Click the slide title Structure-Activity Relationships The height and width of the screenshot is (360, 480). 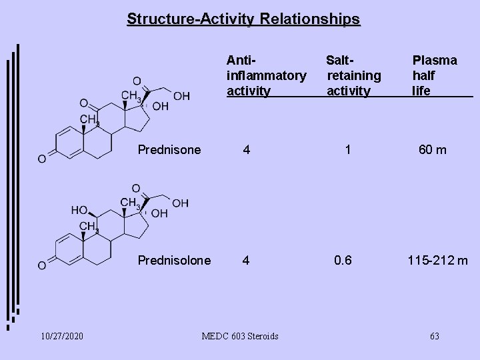click(243, 18)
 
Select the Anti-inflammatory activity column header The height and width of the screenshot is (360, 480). click(266, 75)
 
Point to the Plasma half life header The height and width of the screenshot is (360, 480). click(434, 75)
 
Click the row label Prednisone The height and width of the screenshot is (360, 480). click(169, 150)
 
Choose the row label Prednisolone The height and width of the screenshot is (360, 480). click(174, 260)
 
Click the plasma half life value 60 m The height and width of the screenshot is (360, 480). click(432, 150)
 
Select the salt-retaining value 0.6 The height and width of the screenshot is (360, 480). click(343, 260)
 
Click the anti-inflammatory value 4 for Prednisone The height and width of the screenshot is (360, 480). click(247, 150)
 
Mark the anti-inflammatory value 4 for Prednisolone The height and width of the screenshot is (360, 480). click(247, 260)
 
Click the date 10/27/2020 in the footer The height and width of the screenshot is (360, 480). click(61, 336)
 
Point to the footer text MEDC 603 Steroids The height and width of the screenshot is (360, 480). click(240, 336)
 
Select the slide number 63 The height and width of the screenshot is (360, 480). click(434, 336)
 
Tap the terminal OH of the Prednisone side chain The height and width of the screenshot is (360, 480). click(181, 96)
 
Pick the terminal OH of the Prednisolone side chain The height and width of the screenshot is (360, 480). click(180, 202)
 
